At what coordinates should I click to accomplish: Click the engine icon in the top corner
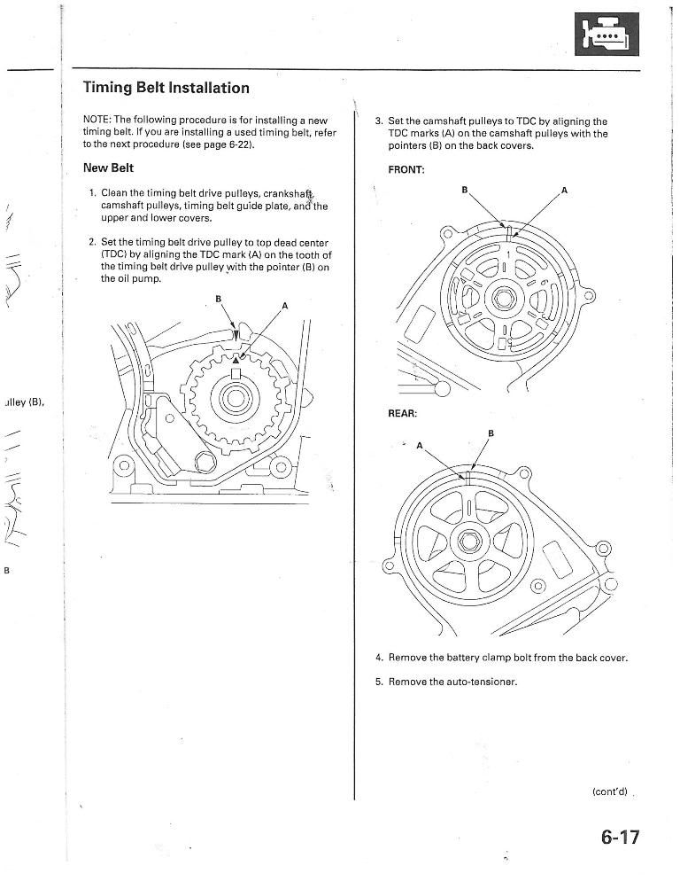606,35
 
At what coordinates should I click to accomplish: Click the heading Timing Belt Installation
166,88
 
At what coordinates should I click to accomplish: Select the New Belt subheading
108,168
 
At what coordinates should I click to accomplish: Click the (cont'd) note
609,791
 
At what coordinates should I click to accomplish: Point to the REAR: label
405,413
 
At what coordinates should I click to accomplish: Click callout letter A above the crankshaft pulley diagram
284,306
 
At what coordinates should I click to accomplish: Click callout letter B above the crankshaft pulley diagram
218,299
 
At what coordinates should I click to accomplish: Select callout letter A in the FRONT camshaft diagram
564,191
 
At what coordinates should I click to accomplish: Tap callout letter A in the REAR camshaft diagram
420,445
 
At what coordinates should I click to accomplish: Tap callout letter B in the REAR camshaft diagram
491,433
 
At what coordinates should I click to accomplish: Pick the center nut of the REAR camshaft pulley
468,542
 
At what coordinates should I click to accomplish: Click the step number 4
378,658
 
